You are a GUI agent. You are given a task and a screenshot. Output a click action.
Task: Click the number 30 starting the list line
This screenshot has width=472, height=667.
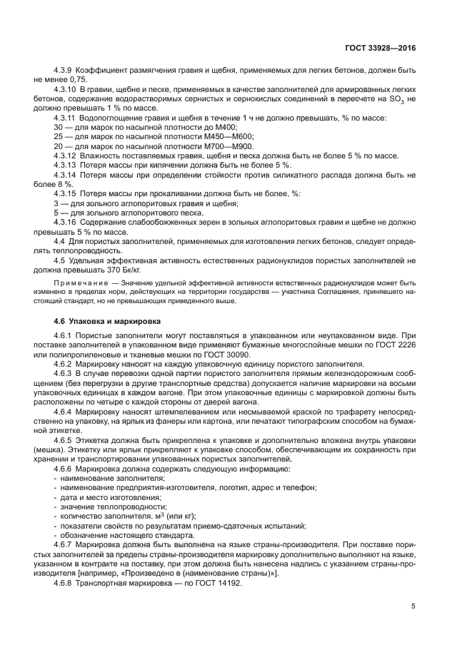(59, 126)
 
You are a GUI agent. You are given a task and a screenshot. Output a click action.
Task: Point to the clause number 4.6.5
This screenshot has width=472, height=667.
(65, 441)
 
